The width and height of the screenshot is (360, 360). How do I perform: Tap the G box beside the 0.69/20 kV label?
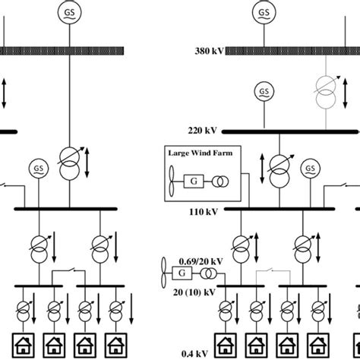(182, 272)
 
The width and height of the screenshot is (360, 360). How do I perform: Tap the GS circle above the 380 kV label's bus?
(264, 12)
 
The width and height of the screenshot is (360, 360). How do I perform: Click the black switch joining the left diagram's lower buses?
(65, 271)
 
